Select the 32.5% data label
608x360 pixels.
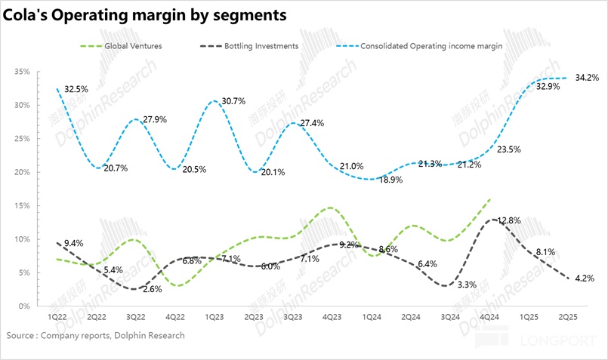coord(76,88)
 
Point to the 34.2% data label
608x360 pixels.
coord(586,77)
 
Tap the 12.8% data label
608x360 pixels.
coord(511,220)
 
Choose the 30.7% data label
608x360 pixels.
coord(233,101)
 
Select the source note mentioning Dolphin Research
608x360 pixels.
coord(95,335)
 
